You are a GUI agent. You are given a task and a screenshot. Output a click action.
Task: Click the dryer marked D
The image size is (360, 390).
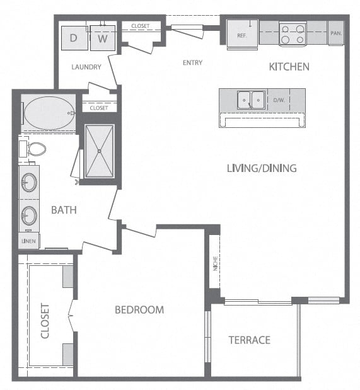pyautogui.click(x=74, y=38)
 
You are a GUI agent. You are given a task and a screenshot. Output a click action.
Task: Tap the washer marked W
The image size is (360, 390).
pyautogui.click(x=103, y=38)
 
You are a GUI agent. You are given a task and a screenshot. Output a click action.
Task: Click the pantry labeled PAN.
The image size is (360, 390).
pyautogui.click(x=336, y=33)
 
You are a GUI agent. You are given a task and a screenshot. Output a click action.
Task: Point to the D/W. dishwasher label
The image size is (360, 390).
pyautogui.click(x=279, y=100)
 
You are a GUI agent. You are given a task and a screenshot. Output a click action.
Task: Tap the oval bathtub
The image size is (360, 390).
pyautogui.click(x=50, y=113)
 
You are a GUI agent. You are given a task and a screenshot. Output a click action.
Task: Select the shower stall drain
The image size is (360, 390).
pyautogui.click(x=100, y=151)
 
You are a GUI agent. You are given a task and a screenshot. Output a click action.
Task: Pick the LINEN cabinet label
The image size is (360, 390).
pyautogui.click(x=28, y=241)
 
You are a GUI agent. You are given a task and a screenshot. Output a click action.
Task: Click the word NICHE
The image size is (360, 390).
pyautogui.click(x=216, y=263)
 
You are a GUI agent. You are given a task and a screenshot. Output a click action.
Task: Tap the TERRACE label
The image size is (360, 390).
pyautogui.click(x=250, y=340)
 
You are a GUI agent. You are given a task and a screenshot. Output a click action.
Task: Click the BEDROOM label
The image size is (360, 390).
pyautogui.click(x=139, y=309)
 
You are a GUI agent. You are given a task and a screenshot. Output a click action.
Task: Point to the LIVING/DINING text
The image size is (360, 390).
pyautogui.click(x=262, y=168)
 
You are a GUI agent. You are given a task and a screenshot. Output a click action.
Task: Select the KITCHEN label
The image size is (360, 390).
pyautogui.click(x=289, y=67)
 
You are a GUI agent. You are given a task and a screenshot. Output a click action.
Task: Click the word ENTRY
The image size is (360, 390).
pyautogui.click(x=192, y=62)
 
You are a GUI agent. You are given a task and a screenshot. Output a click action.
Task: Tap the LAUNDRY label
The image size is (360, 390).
pyautogui.click(x=86, y=67)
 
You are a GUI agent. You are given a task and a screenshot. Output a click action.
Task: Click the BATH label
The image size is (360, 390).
pyautogui.click(x=64, y=210)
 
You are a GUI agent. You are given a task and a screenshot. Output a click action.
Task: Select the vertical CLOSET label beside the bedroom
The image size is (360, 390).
pyautogui.click(x=45, y=321)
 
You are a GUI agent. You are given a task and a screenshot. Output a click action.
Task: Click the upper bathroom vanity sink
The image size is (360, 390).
pyautogui.click(x=29, y=182)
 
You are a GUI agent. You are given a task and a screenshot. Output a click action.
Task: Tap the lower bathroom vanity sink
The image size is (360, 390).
pyautogui.click(x=29, y=215)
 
